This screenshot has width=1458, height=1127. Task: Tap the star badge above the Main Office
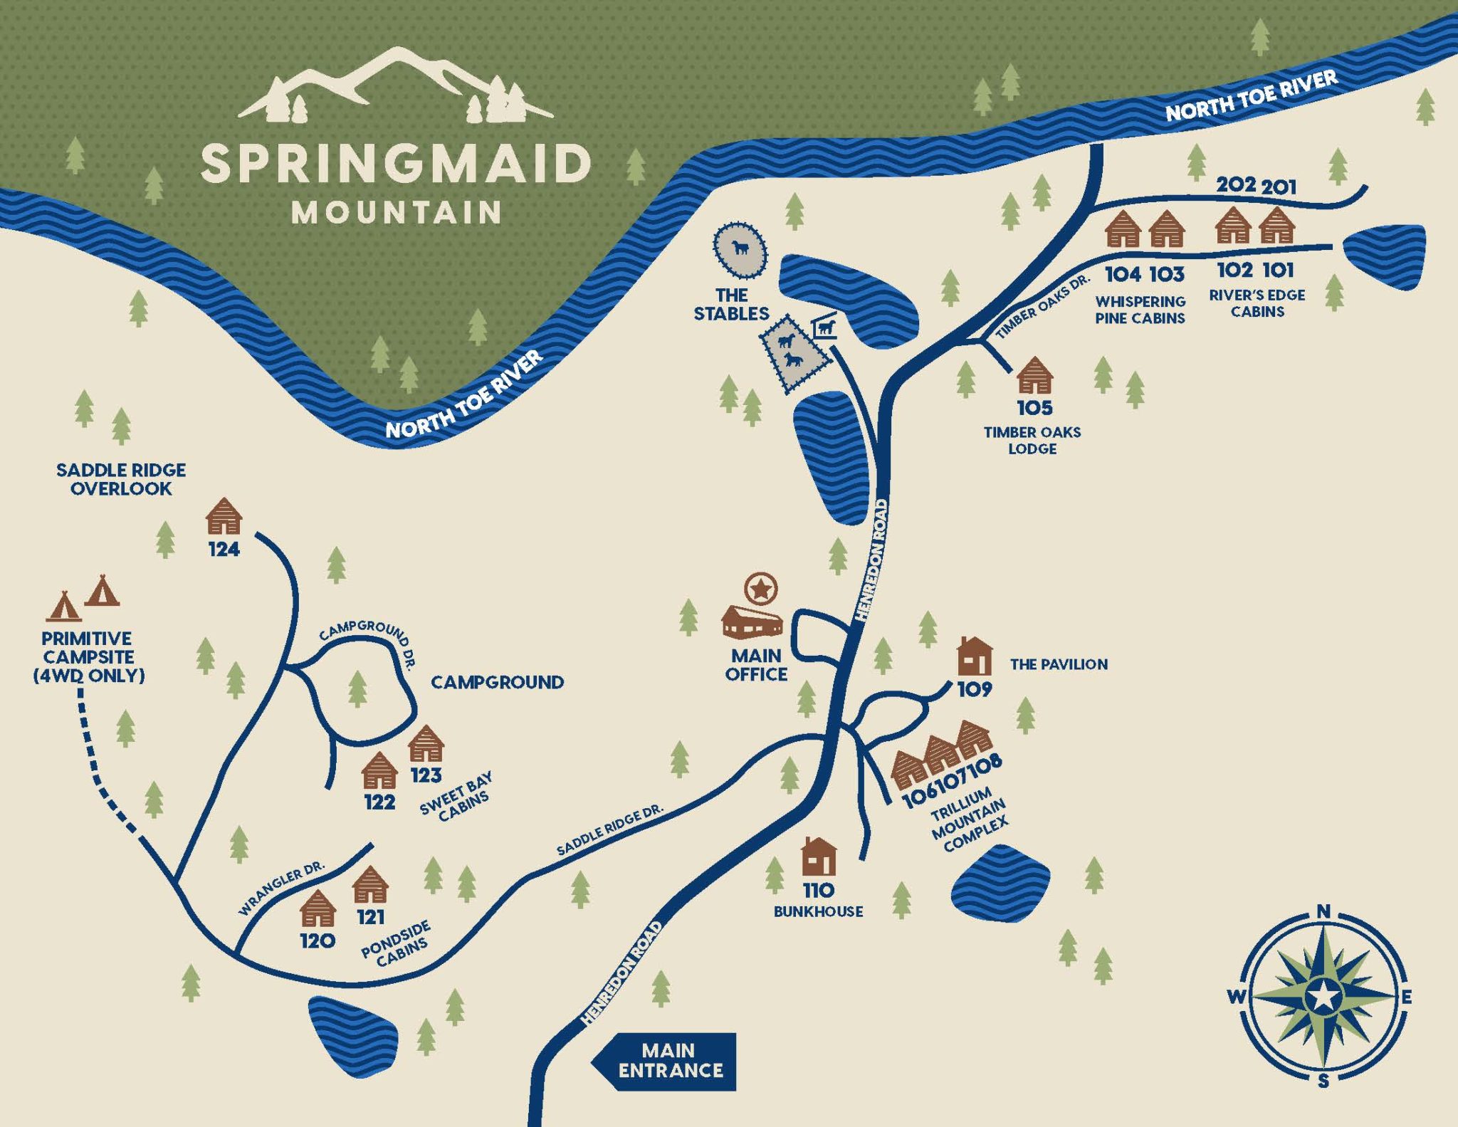760,589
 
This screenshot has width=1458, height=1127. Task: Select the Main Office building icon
752,622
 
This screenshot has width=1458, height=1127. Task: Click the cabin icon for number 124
224,516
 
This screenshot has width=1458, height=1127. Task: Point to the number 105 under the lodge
1034,408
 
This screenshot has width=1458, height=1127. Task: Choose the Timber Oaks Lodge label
1032,440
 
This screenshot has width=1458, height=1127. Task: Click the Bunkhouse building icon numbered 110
819,856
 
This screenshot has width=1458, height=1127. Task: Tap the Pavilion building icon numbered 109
974,656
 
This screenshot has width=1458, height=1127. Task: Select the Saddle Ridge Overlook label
121,479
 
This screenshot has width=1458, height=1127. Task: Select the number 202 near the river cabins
1236,184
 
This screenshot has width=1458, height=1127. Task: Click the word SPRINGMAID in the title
396,164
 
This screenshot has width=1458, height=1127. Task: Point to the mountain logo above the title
396,85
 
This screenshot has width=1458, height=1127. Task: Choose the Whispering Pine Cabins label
1140,310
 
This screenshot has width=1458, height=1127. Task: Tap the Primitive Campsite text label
88,656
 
